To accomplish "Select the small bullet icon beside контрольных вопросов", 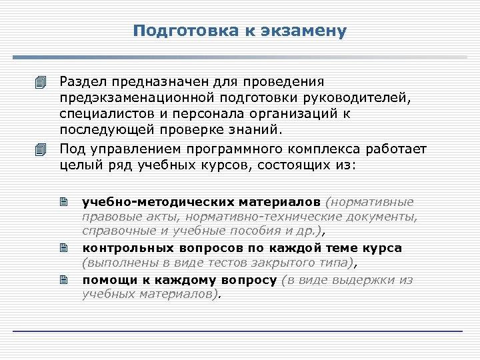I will pos(64,248).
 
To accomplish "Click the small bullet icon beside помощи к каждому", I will pos(64,280).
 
